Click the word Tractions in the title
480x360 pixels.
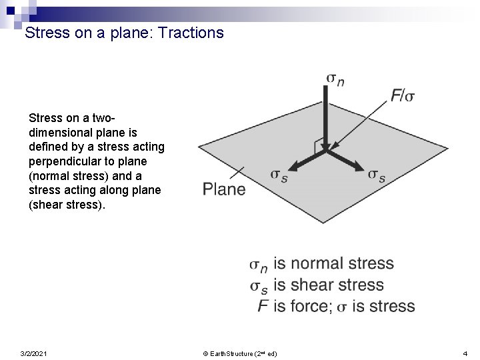[x=191, y=32]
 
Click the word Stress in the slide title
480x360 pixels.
[x=46, y=32]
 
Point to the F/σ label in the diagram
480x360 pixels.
[x=403, y=95]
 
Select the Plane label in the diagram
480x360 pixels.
[x=224, y=189]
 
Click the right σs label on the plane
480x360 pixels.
[x=376, y=175]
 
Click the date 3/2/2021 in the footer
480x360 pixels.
[x=34, y=353]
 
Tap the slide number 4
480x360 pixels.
[x=465, y=353]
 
